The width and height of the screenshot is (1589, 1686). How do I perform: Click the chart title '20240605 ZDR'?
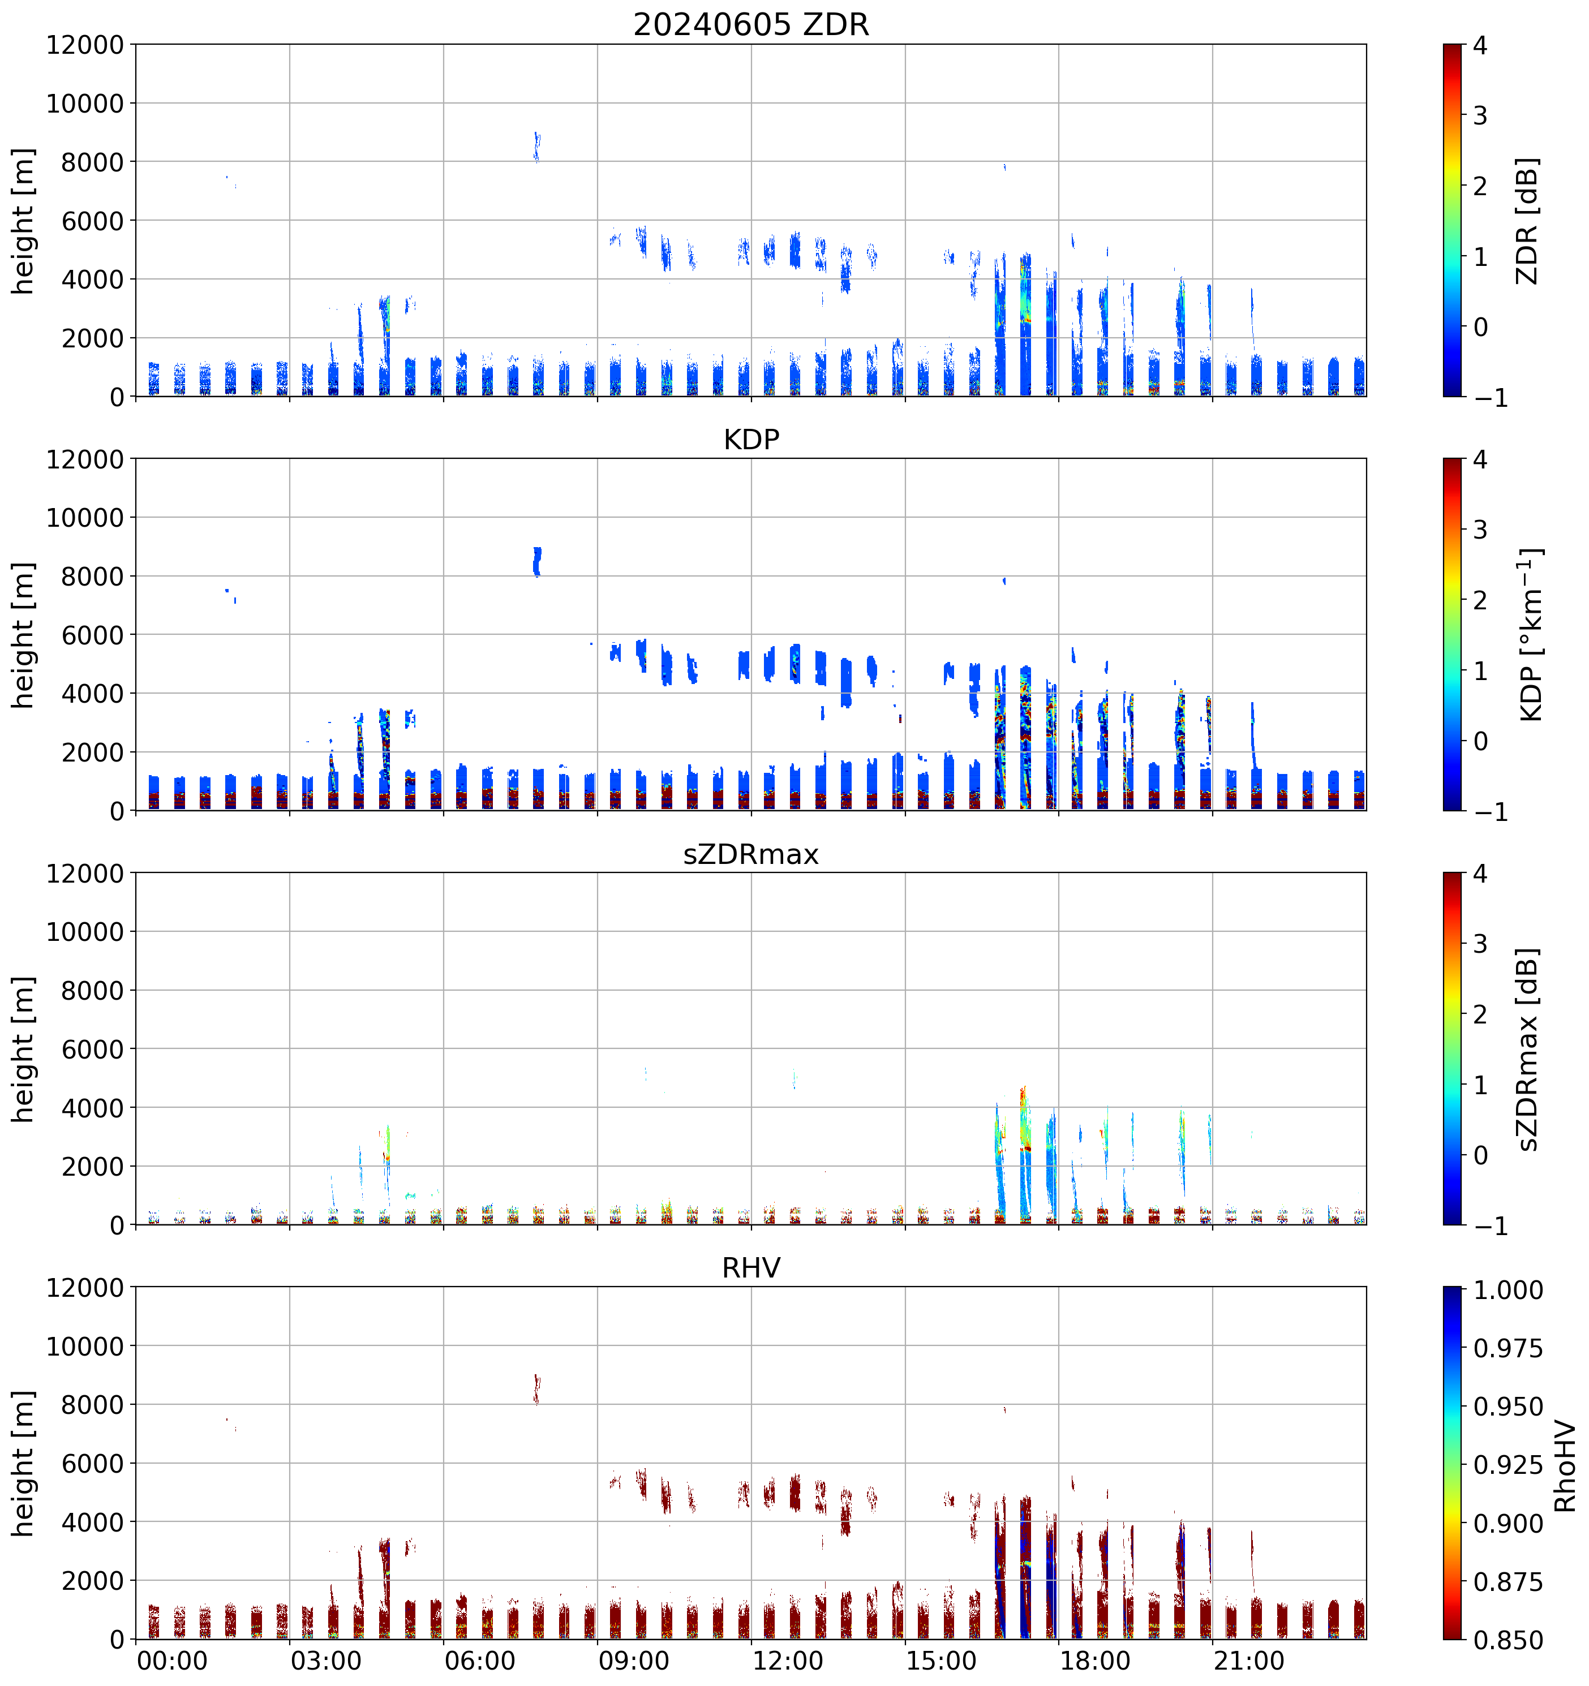tap(751, 24)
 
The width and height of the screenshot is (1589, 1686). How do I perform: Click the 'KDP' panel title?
tap(751, 439)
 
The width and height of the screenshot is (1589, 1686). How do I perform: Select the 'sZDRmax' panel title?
tap(751, 853)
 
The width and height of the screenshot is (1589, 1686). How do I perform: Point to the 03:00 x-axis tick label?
tap(326, 1660)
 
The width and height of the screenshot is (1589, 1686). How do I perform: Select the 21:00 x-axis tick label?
tap(1249, 1660)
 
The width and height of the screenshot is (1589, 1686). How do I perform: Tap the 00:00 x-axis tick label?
tap(172, 1660)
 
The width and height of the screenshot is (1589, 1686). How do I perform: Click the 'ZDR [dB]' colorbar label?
tap(1526, 221)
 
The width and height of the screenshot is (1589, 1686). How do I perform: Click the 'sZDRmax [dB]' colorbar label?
tap(1526, 1048)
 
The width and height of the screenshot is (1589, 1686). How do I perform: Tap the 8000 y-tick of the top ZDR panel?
tap(92, 162)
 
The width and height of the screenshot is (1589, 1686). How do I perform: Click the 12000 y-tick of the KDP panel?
tap(85, 459)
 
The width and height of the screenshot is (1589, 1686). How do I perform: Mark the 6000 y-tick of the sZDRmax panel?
tap(92, 1049)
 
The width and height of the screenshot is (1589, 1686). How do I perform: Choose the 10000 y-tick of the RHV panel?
tap(85, 1346)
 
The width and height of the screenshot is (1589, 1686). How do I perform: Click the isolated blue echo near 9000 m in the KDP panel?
tap(536, 561)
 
